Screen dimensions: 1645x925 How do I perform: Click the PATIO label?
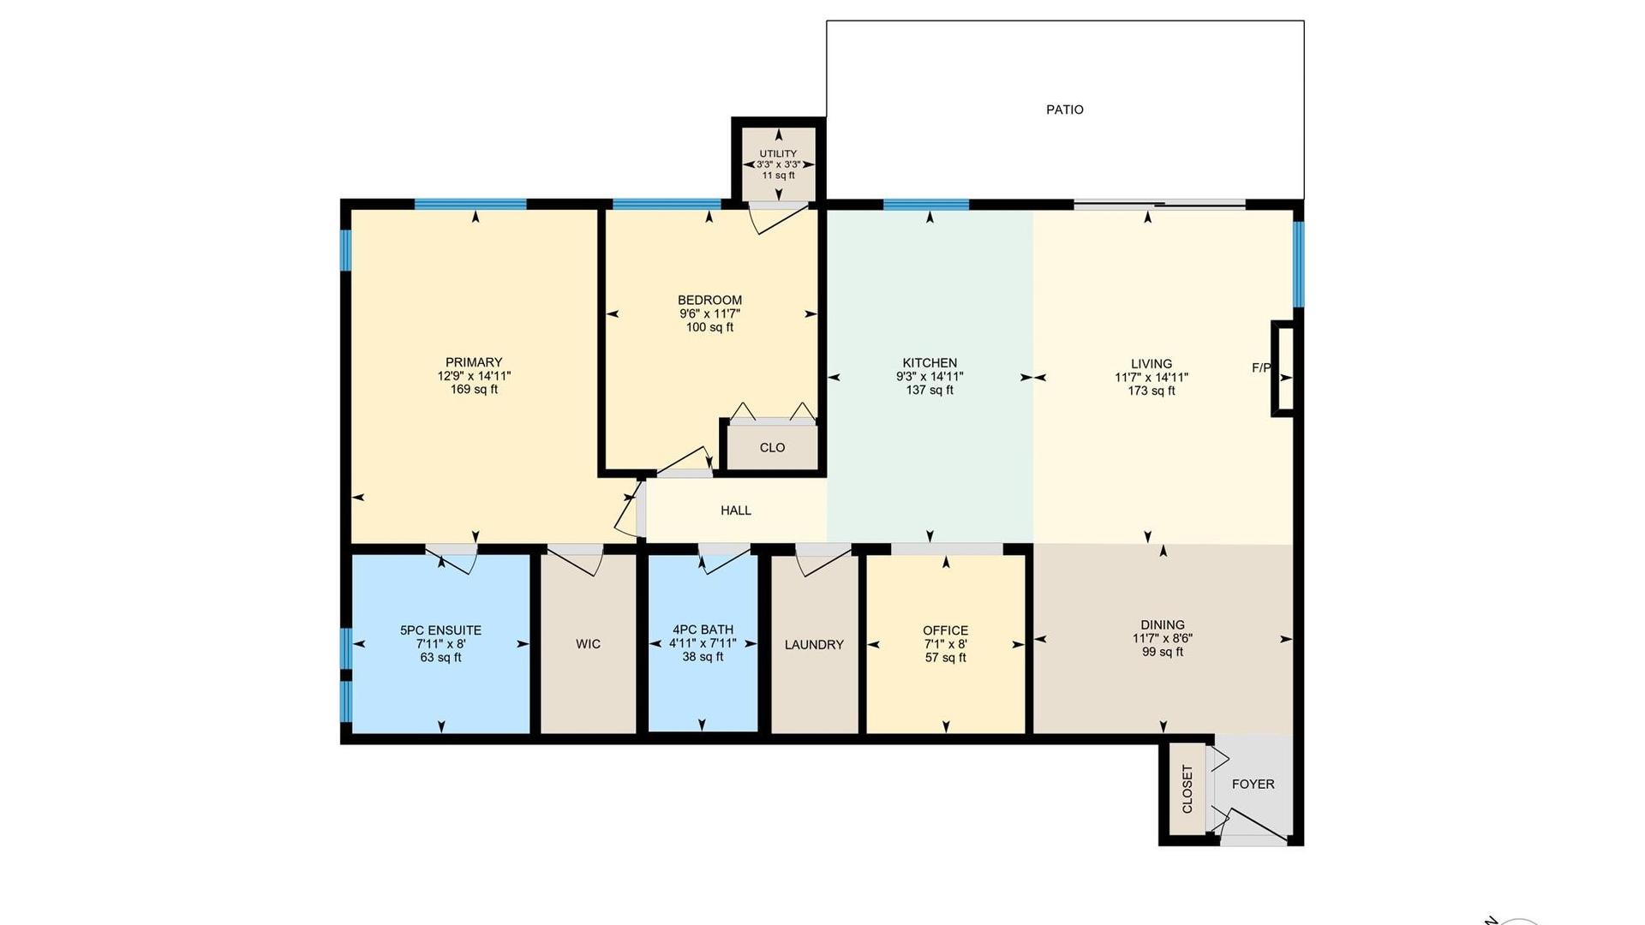[1065, 110]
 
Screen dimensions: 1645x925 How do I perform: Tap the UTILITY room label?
[778, 154]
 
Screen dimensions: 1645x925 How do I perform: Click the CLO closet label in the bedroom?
[772, 448]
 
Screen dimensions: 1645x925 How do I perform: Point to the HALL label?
[736, 510]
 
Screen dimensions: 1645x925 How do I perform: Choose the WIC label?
[588, 644]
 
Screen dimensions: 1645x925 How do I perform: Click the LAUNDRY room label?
[814, 645]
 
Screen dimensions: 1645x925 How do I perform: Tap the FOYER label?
[1253, 784]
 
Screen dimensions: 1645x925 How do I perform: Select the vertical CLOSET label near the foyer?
[1187, 789]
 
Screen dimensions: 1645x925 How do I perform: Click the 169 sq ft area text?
[474, 390]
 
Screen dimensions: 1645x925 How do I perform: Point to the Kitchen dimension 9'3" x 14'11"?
[930, 377]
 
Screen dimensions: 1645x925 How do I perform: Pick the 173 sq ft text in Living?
[1151, 391]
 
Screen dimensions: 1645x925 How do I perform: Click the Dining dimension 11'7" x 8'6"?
[1163, 639]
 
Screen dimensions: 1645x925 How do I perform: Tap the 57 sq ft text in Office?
[946, 658]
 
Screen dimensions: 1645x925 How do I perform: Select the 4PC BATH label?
[703, 630]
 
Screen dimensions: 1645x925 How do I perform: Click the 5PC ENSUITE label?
[440, 630]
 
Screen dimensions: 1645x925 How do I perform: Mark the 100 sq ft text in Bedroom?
[709, 327]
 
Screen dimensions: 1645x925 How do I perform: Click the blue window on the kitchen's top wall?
[926, 205]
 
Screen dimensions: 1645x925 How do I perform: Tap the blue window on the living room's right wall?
[1299, 264]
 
